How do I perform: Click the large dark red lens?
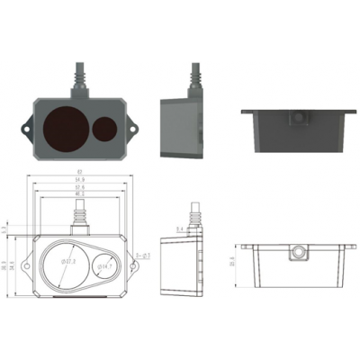click(x=67, y=126)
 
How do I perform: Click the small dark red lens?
click(x=105, y=129)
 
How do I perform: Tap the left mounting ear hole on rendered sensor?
click(x=28, y=128)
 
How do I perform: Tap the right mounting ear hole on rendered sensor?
click(x=135, y=128)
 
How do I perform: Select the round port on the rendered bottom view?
click(x=298, y=119)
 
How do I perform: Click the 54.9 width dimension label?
click(x=80, y=181)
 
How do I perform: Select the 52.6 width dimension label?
click(x=80, y=187)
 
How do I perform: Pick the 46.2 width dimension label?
click(x=80, y=193)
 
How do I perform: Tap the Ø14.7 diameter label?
click(x=103, y=266)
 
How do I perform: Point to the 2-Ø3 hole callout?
click(x=141, y=256)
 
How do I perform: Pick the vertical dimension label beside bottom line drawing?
click(x=233, y=262)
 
